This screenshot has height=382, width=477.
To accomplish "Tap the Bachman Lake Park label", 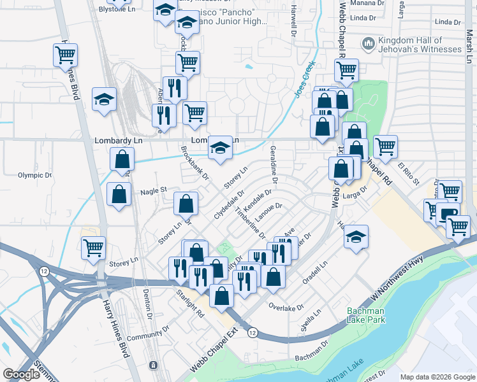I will [366, 315].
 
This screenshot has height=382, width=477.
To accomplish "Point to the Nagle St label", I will [153, 190].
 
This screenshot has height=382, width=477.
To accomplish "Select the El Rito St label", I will [409, 174].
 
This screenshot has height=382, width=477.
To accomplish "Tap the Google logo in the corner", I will [21, 374].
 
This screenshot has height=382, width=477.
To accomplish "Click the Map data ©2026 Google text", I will [438, 377].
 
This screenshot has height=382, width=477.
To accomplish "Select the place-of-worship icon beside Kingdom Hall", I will [367, 44].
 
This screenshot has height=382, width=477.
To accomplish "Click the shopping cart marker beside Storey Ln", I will [94, 247].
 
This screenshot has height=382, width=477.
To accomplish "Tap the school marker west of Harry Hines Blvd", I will [104, 99].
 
